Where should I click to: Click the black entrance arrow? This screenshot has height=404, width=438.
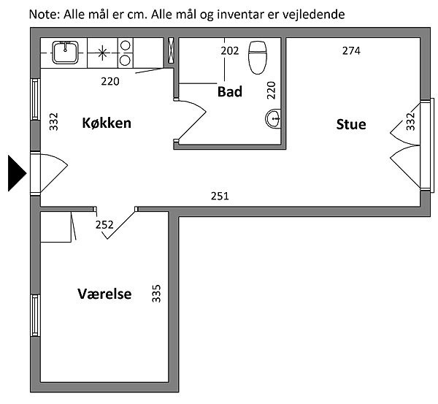coord(16,173)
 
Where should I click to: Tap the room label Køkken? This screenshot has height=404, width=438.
coord(107,123)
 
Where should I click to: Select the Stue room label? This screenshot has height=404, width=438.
coord(351,124)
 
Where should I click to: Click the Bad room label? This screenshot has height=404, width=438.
coord(230,92)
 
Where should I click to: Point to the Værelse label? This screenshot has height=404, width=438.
coord(104,294)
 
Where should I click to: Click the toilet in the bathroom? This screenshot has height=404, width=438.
coord(258,58)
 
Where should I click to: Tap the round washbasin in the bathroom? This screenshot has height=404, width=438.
coord(273,118)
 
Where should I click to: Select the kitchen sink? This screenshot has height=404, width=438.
coord(66,53)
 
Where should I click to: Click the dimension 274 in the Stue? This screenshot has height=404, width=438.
coord(351,51)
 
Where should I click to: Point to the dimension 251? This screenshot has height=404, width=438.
coord(220,197)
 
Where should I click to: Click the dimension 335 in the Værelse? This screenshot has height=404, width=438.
coord(156,294)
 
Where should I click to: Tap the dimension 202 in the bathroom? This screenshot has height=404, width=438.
coord(230,51)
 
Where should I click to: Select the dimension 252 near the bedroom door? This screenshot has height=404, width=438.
coord(104,225)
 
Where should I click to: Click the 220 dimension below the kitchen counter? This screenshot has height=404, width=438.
coord(110,82)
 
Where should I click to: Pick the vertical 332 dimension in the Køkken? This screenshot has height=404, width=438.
coord(53,121)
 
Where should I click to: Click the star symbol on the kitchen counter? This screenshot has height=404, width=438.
coord(102,53)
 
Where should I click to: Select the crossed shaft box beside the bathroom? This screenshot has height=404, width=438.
coord(171,50)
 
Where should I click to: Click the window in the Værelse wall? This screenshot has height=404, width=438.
coord(35,316)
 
